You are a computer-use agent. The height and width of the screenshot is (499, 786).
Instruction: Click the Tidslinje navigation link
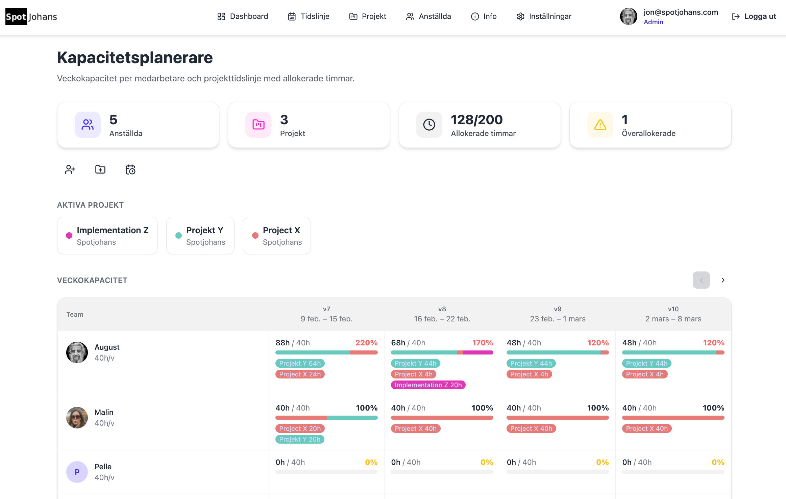(309, 16)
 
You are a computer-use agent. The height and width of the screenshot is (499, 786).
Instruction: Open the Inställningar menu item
(544, 16)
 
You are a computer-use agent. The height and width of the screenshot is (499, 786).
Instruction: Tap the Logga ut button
(754, 16)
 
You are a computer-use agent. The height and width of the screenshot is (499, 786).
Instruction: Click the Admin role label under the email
(653, 22)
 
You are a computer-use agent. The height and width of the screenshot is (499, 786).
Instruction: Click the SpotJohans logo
(31, 16)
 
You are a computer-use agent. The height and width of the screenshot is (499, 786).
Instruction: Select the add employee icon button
(70, 169)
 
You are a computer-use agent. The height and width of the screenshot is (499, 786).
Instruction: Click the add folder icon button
(100, 169)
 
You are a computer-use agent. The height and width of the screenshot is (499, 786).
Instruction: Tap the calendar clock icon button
(130, 169)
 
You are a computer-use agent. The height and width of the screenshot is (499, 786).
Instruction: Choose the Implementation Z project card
(107, 235)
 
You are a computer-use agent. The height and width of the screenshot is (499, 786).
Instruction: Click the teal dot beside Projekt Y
(178, 236)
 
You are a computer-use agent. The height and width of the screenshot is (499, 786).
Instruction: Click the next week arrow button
(723, 280)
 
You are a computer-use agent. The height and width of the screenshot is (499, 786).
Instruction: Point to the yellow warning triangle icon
(600, 125)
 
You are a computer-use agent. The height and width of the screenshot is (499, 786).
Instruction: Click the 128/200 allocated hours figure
(476, 120)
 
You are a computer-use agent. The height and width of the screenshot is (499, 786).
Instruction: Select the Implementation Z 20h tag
(428, 385)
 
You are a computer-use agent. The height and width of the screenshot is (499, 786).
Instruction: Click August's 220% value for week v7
(366, 343)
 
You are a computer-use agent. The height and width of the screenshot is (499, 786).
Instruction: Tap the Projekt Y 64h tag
(300, 363)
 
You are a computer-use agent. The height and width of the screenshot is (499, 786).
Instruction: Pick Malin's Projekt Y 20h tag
(300, 439)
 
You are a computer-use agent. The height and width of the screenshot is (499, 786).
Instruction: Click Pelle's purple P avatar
(77, 472)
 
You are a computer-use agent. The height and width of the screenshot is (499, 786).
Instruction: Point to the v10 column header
(673, 314)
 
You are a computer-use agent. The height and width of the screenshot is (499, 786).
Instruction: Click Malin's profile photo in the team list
(77, 418)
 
